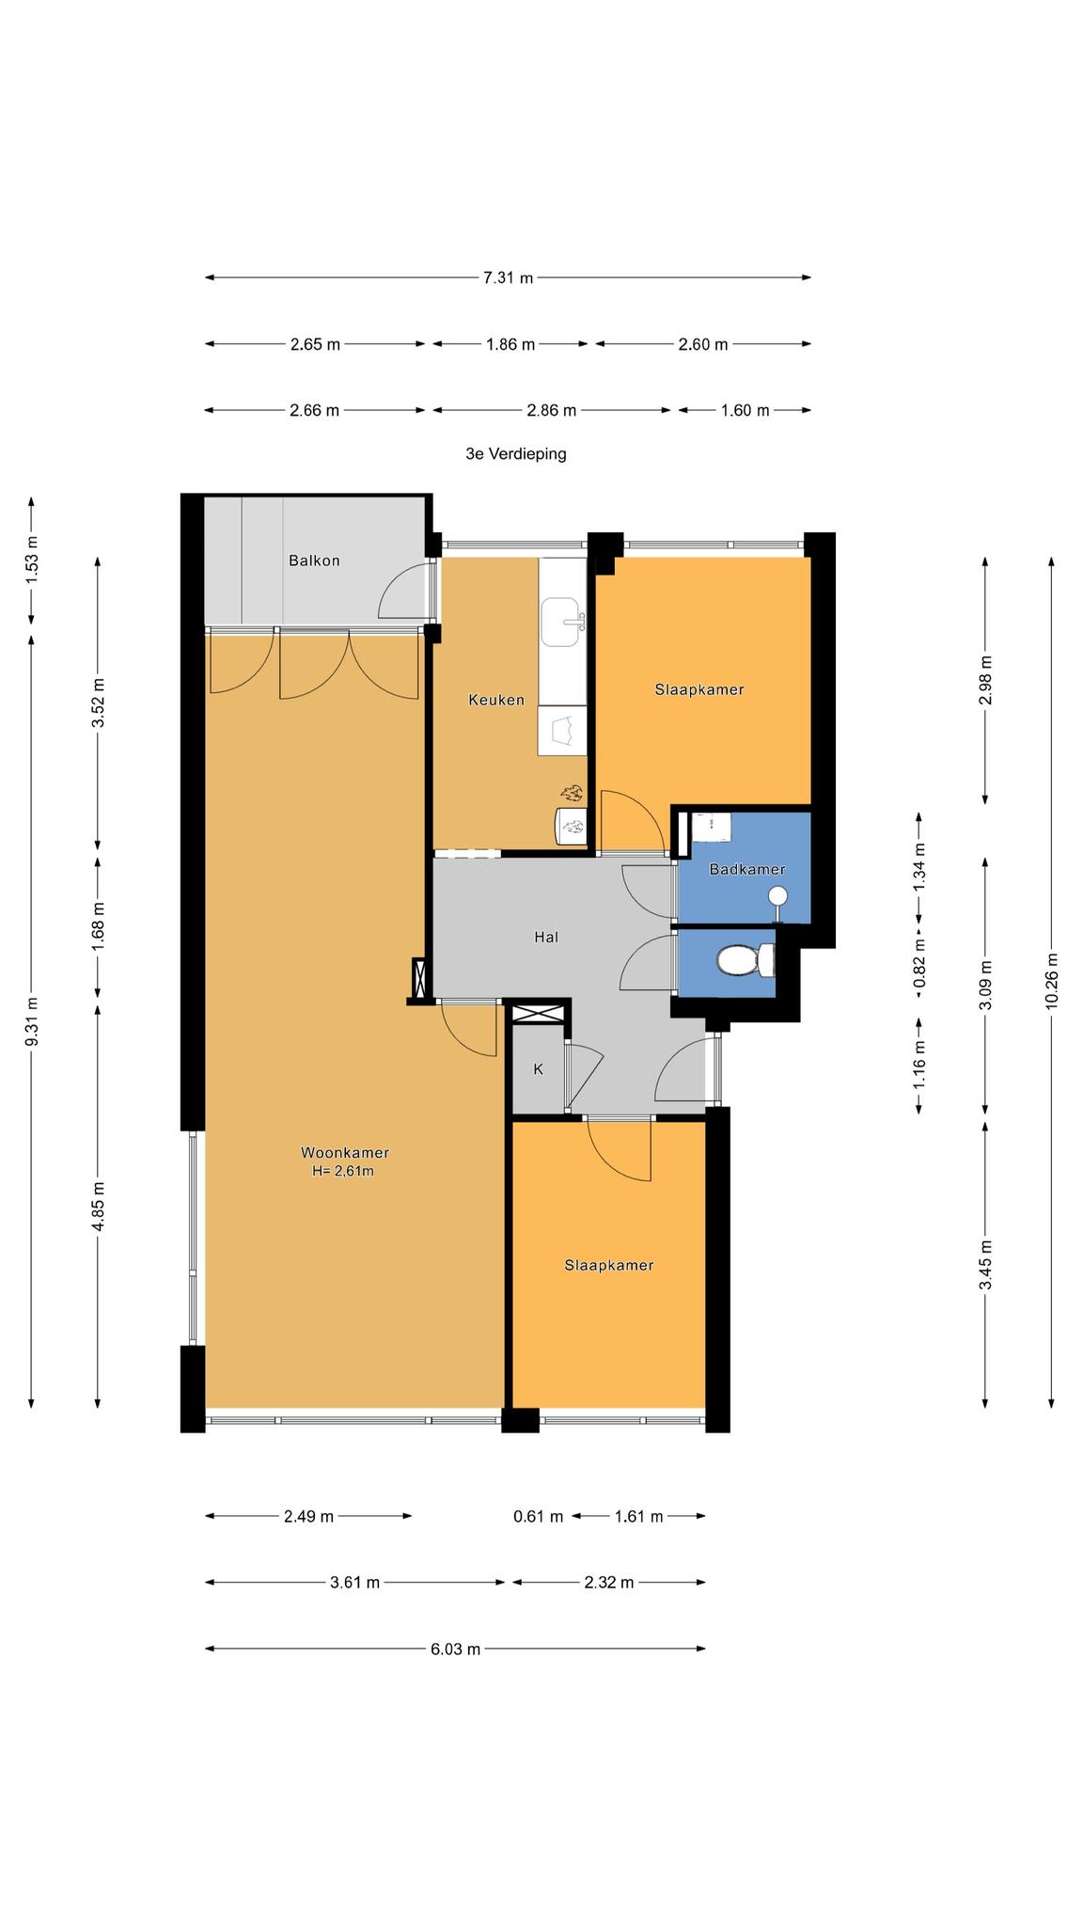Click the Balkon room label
click(314, 560)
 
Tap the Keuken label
click(496, 700)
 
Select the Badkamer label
click(747, 869)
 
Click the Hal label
click(546, 937)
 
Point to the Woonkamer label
click(345, 1152)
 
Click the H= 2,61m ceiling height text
click(343, 1171)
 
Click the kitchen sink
click(562, 621)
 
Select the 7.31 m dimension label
click(508, 277)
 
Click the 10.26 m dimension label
click(1051, 982)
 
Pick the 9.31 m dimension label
click(31, 1021)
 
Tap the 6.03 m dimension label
click(456, 1649)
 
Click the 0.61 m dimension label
click(539, 1516)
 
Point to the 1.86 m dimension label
click(510, 344)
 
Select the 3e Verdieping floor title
click(516, 453)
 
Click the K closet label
click(539, 1068)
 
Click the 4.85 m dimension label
click(99, 1204)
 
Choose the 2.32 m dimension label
click(609, 1582)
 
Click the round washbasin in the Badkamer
click(777, 894)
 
